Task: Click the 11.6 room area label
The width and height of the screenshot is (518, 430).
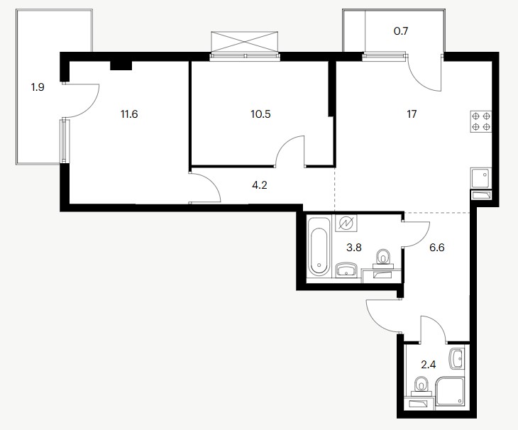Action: coord(129,114)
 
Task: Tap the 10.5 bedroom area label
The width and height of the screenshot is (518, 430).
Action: coord(260,114)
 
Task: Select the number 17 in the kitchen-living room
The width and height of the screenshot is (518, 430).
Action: coord(412,114)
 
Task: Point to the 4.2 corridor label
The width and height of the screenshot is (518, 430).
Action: coord(259,185)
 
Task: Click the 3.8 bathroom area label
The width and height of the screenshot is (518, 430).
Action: coord(354,247)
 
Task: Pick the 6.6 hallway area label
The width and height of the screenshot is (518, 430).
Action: coord(436,247)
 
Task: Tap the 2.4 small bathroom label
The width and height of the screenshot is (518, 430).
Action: coord(428,365)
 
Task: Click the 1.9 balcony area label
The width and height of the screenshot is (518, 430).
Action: coord(38,87)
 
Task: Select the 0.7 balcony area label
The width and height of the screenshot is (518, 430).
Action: coord(401,31)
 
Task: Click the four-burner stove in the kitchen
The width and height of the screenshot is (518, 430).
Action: coord(481,121)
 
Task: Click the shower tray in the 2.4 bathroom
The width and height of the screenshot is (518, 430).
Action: coord(450,392)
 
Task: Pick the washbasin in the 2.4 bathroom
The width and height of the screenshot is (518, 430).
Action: coord(458,359)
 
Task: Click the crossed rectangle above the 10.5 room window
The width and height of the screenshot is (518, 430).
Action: coord(245,42)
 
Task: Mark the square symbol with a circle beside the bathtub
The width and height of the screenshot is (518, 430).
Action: coord(346,224)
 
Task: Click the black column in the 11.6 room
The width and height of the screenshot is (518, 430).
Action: coord(121,66)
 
